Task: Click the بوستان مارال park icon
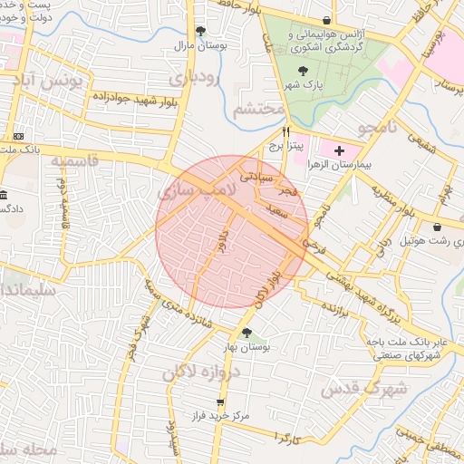pos(200,31)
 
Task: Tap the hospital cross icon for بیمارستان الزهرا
pos(339,149)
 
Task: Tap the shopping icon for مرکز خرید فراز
pos(220,401)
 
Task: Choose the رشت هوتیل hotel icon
pos(439,227)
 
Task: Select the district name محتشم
pos(258,110)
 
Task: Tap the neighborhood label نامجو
pos(377,127)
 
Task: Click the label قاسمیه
pos(72,161)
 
